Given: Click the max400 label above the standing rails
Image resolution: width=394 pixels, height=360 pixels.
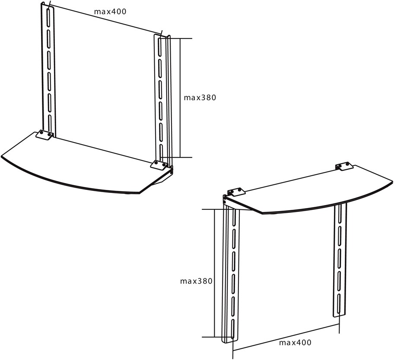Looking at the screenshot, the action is (x=110, y=12).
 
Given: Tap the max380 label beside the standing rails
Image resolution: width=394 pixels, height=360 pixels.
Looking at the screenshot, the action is (x=200, y=98).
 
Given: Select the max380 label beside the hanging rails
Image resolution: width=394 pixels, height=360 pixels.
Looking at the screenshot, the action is (x=196, y=281).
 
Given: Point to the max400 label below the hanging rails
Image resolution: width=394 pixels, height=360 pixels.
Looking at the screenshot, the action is (x=295, y=342).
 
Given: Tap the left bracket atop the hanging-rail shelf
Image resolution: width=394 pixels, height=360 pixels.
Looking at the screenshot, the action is (x=236, y=191).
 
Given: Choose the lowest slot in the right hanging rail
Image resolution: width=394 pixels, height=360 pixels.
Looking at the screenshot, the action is (x=339, y=304).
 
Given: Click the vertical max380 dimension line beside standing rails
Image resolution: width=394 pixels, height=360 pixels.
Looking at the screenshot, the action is (x=180, y=98).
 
